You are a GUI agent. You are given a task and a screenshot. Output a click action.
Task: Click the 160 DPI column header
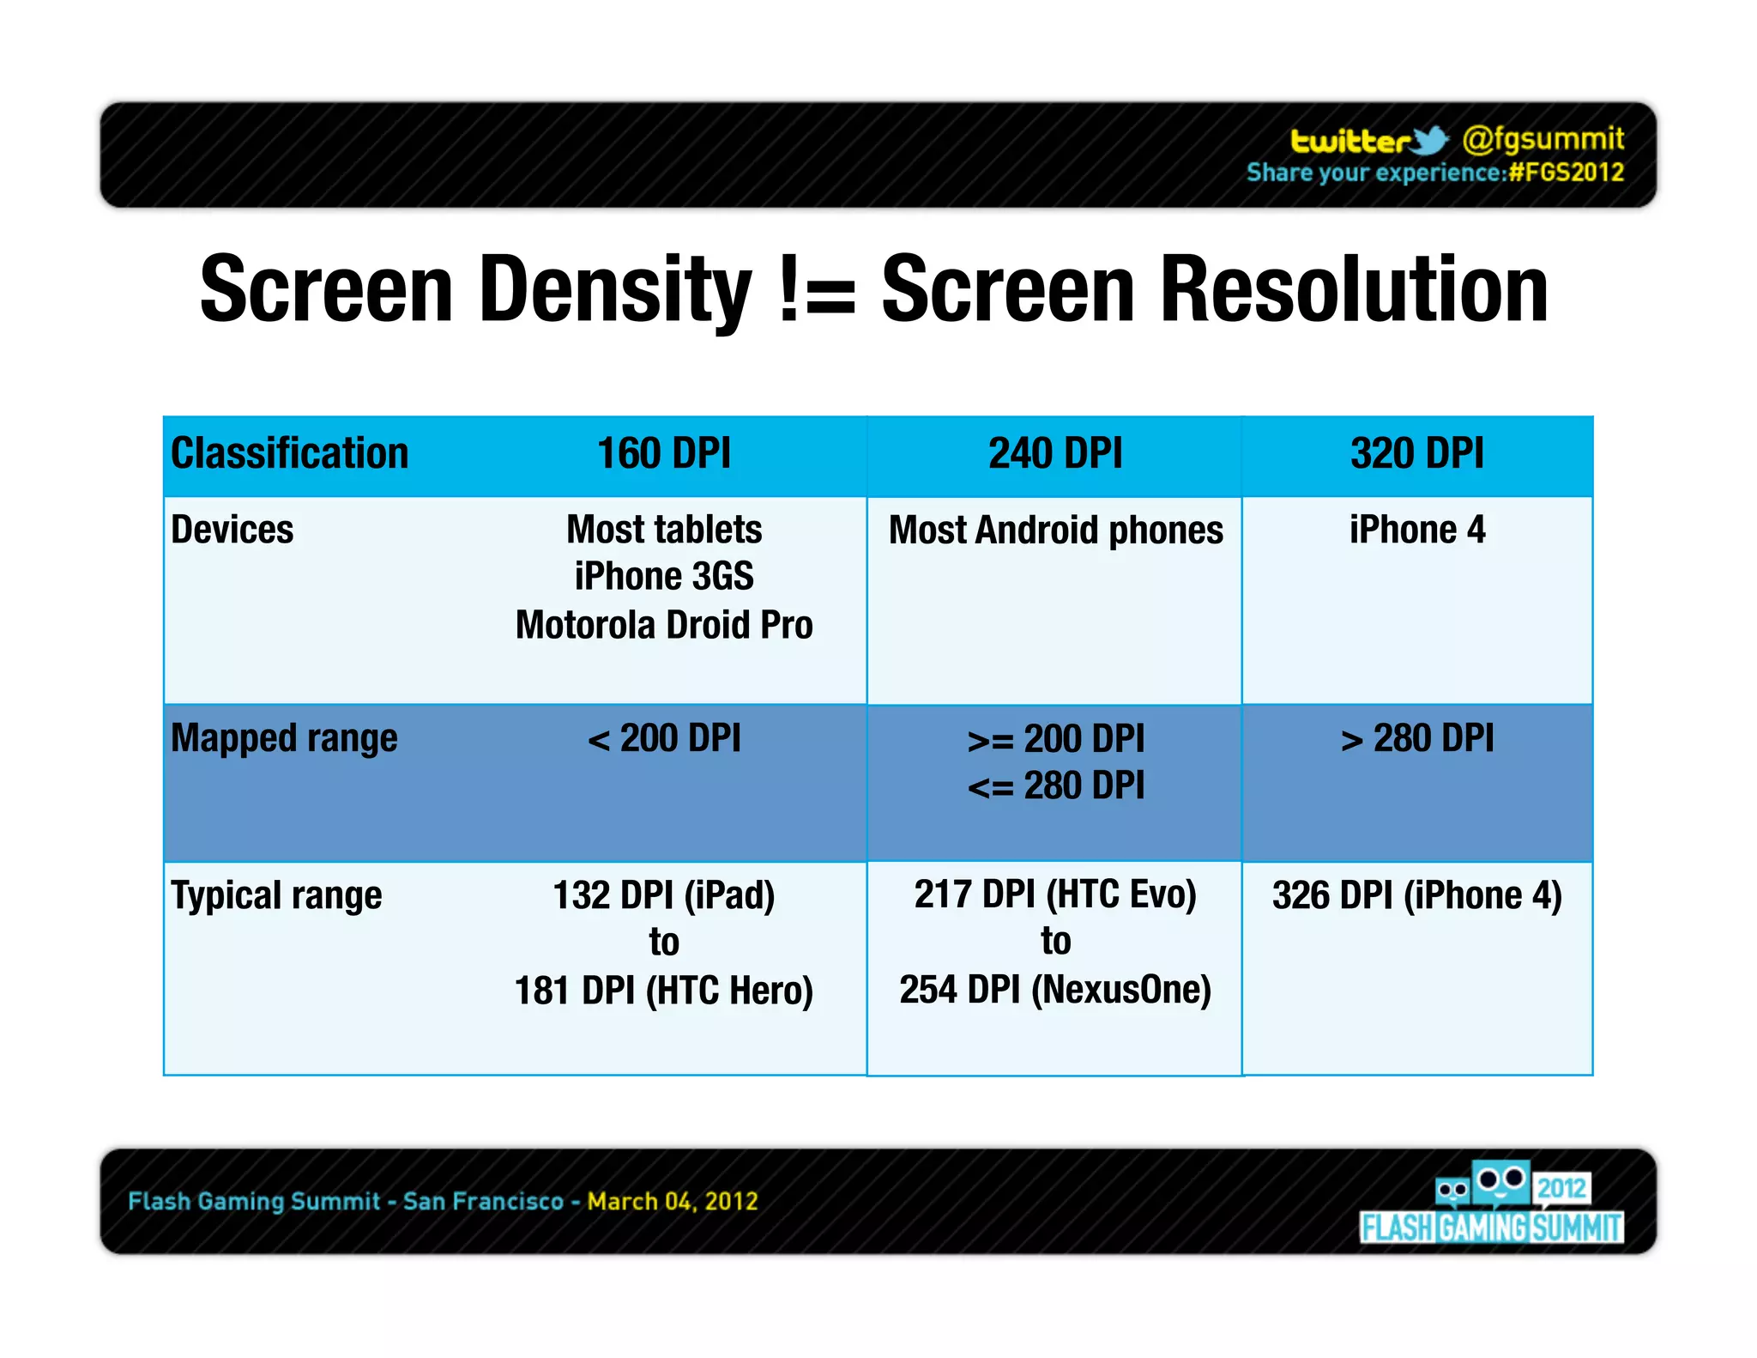[663, 453]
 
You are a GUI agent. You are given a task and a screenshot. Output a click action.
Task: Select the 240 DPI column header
[1054, 453]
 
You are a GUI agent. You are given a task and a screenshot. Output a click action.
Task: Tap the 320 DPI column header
[1416, 453]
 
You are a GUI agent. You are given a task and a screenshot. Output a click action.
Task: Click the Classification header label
[290, 453]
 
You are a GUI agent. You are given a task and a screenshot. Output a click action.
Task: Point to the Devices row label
[232, 530]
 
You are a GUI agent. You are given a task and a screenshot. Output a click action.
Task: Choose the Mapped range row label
[284, 738]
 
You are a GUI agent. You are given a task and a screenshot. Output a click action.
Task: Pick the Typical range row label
[276, 895]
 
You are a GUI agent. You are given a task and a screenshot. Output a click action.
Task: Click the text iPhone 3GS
[664, 577]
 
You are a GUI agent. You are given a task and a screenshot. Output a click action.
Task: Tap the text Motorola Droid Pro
[664, 625]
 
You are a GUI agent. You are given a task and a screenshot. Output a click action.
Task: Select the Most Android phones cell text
[1055, 530]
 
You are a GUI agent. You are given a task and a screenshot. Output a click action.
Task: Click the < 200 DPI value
[664, 738]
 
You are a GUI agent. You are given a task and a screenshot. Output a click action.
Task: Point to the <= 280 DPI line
[1055, 786]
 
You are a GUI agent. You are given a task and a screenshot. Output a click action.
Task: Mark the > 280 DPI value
[1416, 738]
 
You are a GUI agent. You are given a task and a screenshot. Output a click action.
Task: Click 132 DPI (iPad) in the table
[664, 895]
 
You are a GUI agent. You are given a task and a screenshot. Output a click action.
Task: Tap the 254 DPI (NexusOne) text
[1055, 990]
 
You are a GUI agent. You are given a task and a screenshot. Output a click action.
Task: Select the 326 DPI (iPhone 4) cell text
[1416, 895]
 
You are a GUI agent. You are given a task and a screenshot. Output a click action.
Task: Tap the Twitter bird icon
[1429, 140]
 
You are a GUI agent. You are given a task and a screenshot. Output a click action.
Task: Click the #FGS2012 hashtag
[1567, 173]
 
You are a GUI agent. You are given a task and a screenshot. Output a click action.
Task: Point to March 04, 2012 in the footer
[673, 1201]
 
